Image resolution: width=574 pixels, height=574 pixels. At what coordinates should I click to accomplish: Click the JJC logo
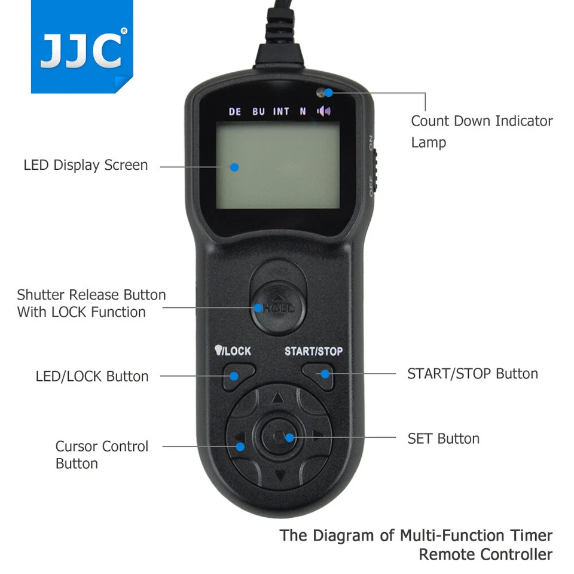coord(81,51)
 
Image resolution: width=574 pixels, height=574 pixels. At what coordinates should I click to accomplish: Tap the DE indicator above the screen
coord(235,112)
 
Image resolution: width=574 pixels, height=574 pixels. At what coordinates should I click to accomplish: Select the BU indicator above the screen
coord(258,112)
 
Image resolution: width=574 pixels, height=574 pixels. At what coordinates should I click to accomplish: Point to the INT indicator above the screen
coord(281,112)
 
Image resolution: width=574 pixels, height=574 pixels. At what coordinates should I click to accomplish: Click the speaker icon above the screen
coord(324,111)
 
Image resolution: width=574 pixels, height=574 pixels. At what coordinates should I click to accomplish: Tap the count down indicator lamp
coord(327,93)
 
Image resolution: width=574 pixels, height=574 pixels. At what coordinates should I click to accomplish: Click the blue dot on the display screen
coord(234,167)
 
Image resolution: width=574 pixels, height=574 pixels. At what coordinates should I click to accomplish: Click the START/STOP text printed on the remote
coord(313,351)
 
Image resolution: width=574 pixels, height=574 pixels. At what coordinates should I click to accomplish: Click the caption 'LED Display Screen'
coord(86,165)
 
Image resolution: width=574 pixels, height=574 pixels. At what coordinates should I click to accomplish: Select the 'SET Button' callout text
coord(443,439)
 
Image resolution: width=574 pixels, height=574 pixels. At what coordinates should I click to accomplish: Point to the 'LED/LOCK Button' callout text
coord(92,377)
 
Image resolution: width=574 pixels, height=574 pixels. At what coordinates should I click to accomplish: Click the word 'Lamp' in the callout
coord(428,143)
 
